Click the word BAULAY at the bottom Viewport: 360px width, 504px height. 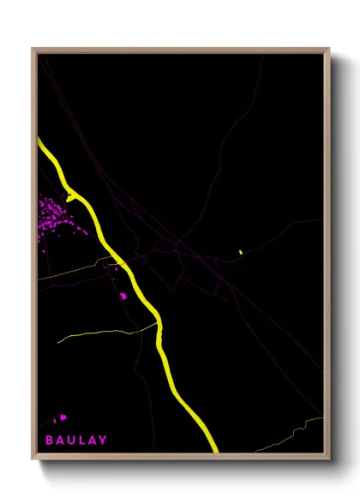tap(76, 441)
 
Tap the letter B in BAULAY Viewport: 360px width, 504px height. tap(50, 441)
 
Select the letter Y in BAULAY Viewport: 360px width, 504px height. tap(104, 441)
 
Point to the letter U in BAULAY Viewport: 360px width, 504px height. tap(72, 441)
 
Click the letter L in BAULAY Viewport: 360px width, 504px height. tap(82, 441)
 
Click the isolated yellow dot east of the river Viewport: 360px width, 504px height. tap(241, 252)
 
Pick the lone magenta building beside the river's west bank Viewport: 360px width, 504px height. tap(123, 296)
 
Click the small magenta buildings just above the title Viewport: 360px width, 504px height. tap(60, 419)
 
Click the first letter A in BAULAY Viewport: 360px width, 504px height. tap(61, 441)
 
